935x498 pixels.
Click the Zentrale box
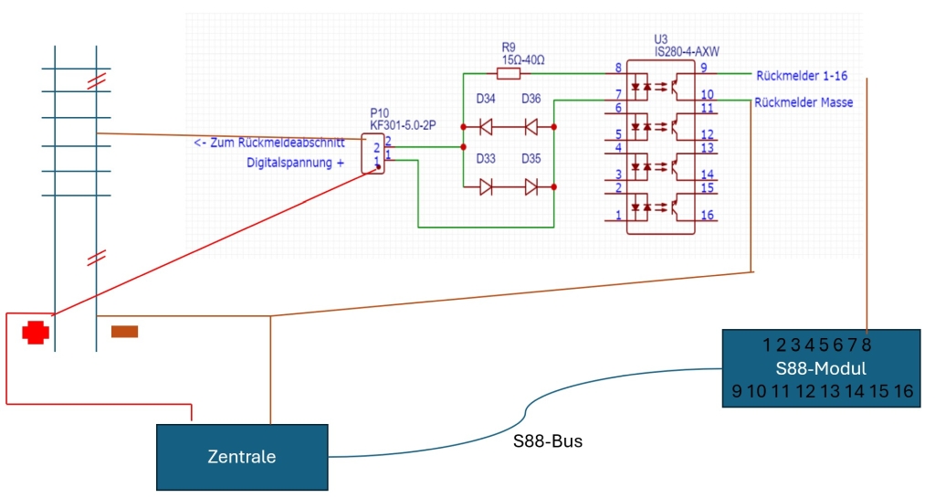tap(241, 456)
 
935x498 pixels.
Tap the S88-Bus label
tap(548, 441)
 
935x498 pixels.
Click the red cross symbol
tap(36, 332)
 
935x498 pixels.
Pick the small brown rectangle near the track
tap(124, 331)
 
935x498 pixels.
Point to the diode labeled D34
tap(487, 126)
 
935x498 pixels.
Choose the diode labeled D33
tap(487, 187)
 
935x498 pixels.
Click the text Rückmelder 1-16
tap(802, 74)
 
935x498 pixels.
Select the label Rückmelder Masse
tap(804, 102)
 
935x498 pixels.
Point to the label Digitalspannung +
tap(296, 163)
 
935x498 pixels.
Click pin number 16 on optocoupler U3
tap(706, 215)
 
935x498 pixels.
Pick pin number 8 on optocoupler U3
tap(618, 67)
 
